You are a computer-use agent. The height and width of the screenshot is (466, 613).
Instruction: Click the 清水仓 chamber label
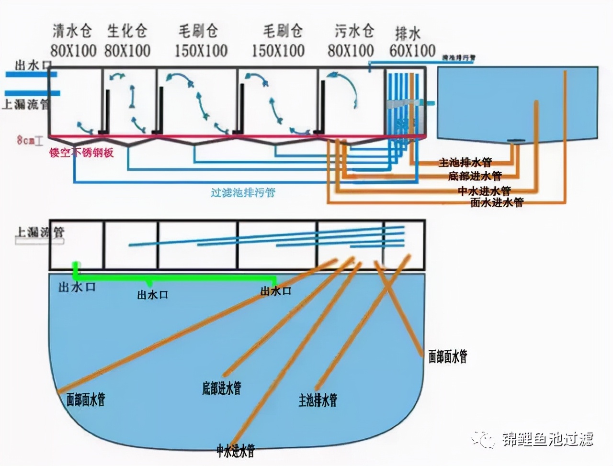point(72,32)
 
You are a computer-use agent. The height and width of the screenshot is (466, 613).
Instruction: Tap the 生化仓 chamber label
point(127,32)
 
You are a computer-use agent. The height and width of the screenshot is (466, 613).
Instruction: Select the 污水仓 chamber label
point(354,32)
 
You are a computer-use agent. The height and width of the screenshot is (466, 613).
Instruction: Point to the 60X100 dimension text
point(412,50)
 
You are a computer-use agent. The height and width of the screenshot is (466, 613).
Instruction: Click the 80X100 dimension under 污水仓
point(351,50)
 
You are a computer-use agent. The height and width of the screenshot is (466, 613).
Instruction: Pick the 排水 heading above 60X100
point(408,33)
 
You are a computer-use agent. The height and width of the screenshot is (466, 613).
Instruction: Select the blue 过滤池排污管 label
point(243,192)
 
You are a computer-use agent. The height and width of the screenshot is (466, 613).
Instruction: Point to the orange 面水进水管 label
point(497,202)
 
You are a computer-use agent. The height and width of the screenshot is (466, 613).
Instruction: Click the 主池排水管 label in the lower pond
point(318,400)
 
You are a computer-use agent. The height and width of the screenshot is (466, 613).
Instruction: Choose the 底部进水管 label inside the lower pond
point(221,388)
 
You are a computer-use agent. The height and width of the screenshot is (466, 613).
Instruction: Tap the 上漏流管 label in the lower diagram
point(40,233)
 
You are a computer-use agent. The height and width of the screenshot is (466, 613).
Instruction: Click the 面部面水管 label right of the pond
point(447,356)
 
